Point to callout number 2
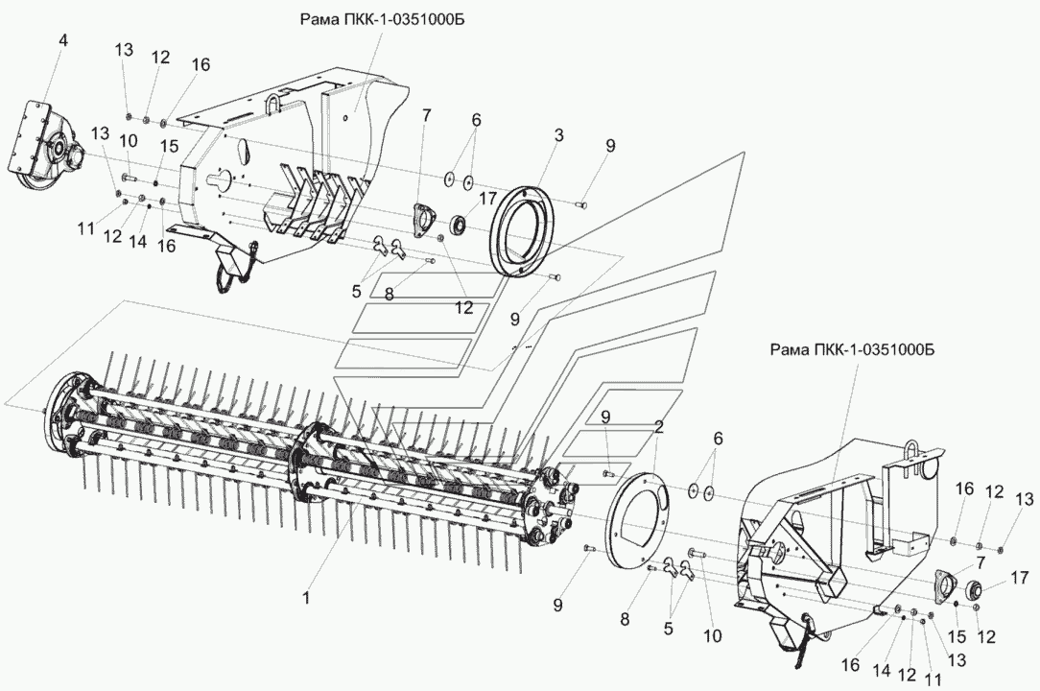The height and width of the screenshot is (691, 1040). point(659,426)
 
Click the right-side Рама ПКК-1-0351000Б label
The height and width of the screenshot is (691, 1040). point(851,350)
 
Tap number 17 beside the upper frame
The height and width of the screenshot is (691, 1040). point(488,200)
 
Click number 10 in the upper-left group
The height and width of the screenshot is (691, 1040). point(128,141)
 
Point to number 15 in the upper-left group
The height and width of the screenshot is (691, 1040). point(169,146)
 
